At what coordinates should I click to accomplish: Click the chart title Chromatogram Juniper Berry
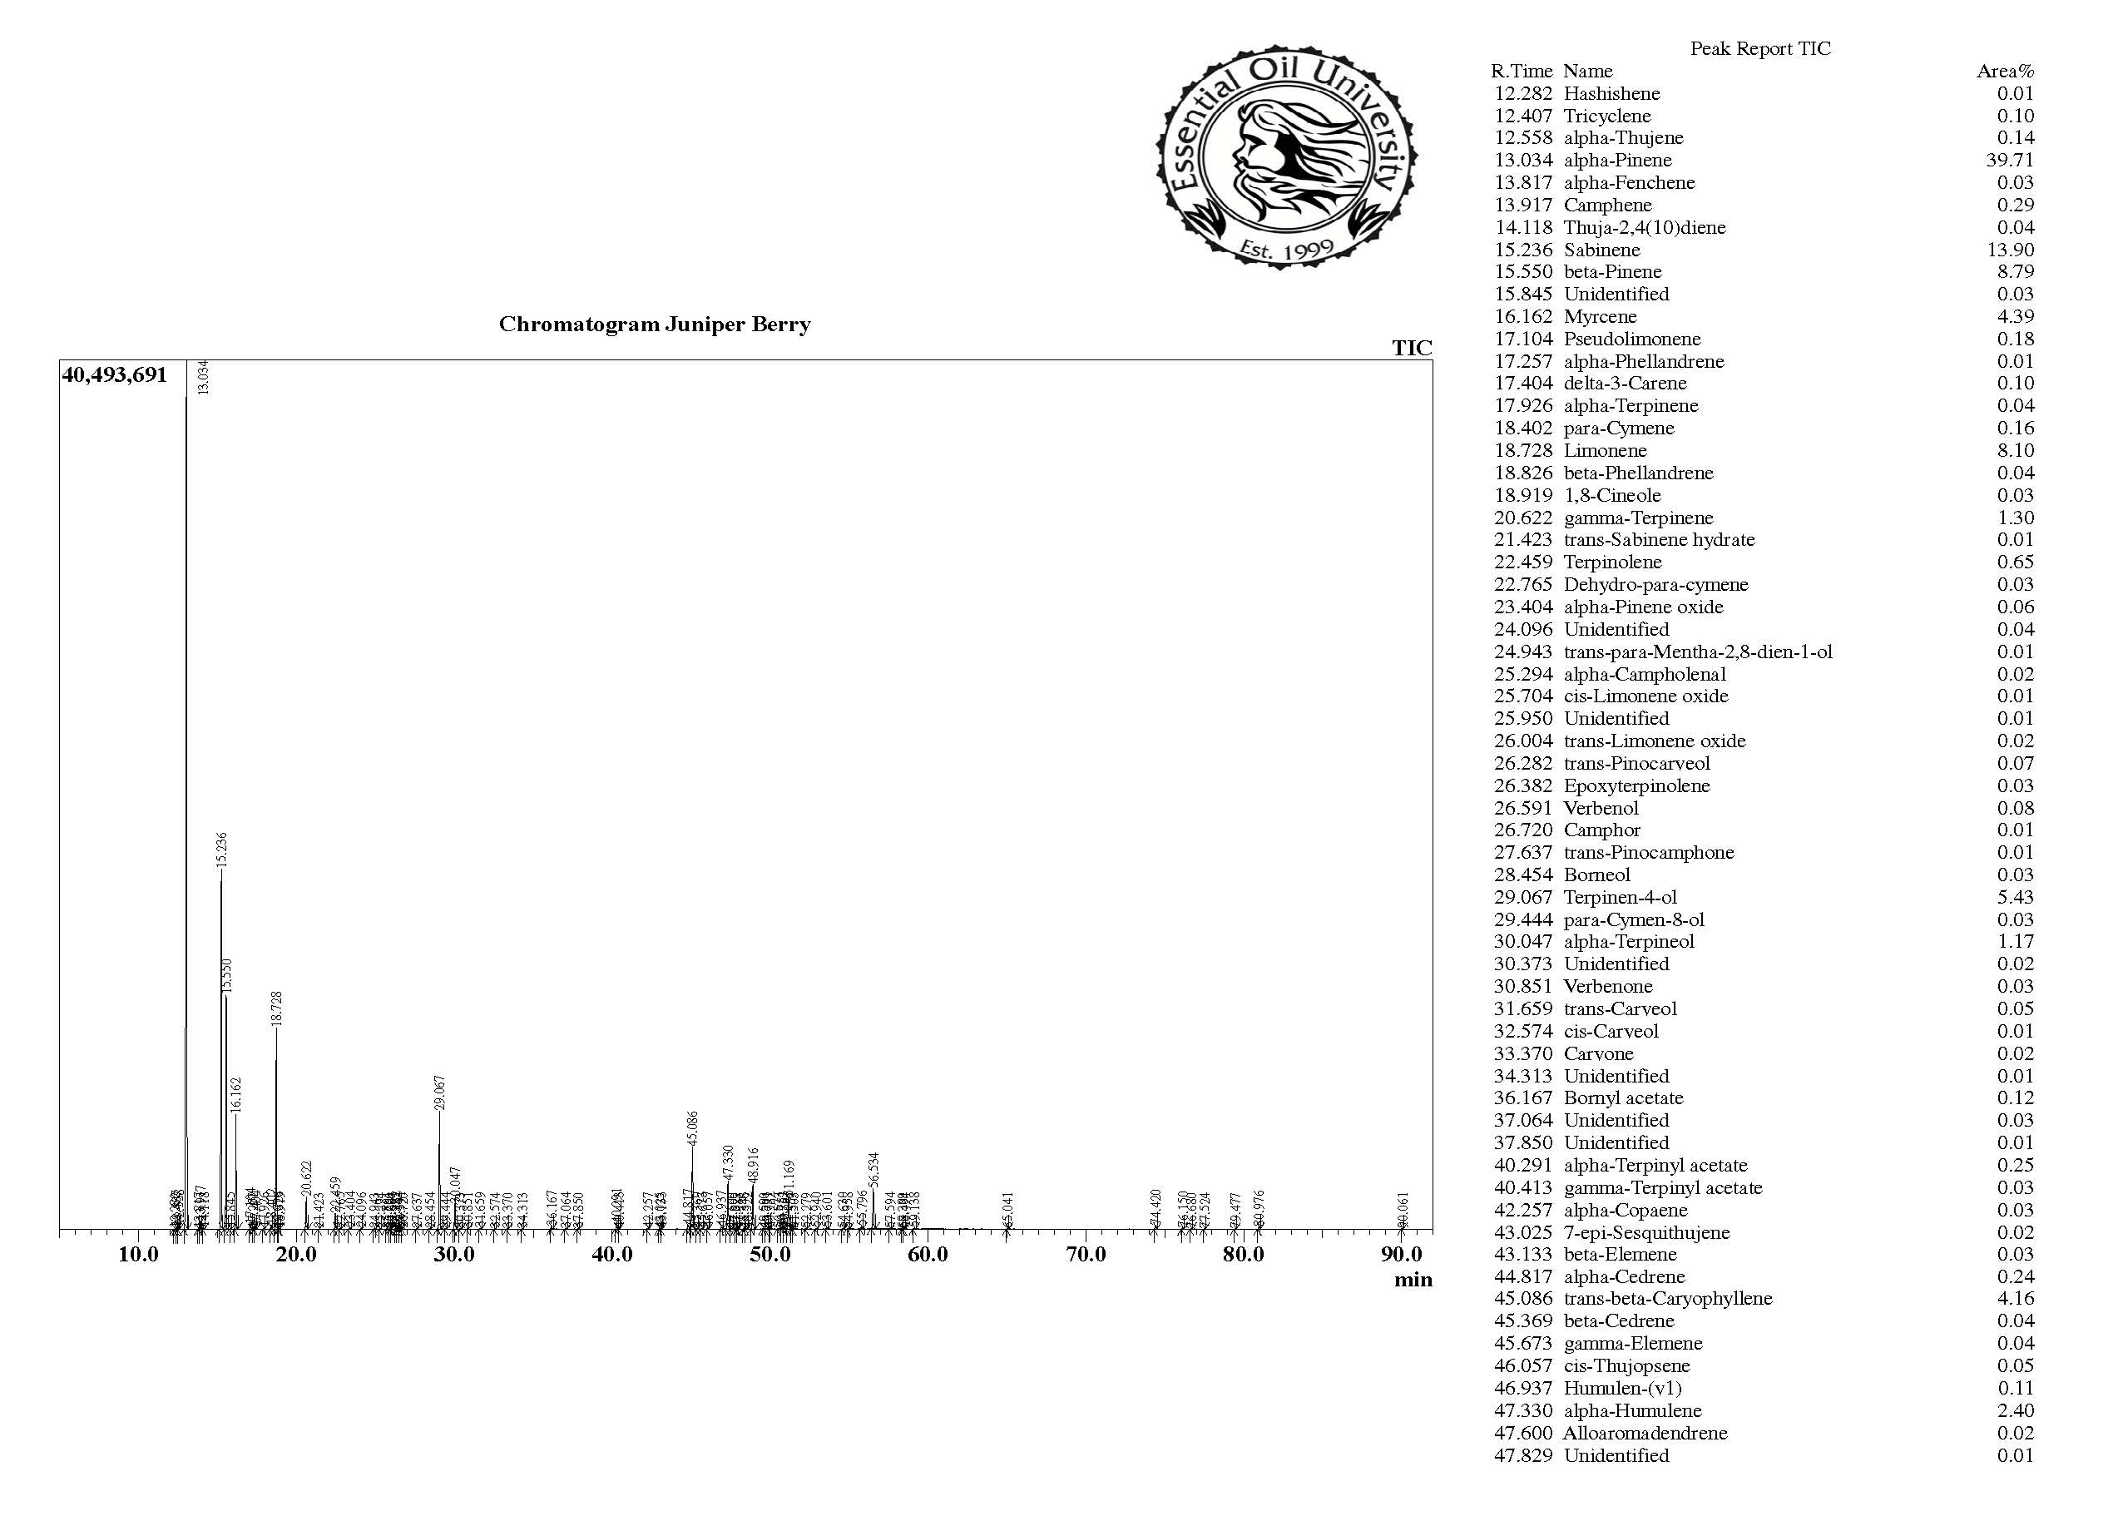[655, 325]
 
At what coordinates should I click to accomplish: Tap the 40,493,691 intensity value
[114, 375]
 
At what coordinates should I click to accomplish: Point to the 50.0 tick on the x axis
[770, 1254]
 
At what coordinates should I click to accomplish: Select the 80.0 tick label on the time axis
[1243, 1254]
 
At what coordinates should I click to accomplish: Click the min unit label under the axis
[1413, 1280]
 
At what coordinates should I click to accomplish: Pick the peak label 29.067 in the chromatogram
[440, 1092]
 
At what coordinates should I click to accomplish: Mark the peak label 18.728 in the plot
[276, 1009]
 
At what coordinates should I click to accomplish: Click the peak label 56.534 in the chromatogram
[874, 1170]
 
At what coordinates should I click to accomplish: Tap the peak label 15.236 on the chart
[222, 849]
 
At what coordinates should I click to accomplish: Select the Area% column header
[2005, 71]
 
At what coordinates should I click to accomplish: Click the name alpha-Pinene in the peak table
[1617, 160]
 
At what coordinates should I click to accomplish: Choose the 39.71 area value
[2010, 160]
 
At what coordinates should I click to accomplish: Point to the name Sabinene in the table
[1601, 250]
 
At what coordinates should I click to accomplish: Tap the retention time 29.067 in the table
[1523, 897]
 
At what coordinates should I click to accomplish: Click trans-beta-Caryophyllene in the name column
[1667, 1298]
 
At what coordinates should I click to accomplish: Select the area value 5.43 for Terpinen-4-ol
[2014, 897]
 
